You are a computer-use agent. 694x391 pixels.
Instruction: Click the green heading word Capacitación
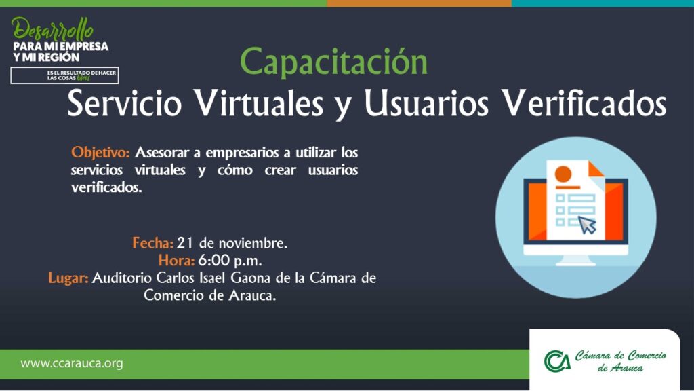[x=333, y=62]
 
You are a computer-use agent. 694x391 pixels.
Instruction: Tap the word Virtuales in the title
[x=259, y=103]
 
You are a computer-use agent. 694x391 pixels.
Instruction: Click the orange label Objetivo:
[x=100, y=153]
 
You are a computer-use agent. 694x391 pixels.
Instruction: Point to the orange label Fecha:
[x=152, y=243]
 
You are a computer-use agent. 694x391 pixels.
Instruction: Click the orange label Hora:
[x=176, y=260]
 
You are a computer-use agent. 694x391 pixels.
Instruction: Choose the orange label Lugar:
[x=68, y=278]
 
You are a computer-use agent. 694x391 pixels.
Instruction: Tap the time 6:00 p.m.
[x=230, y=261]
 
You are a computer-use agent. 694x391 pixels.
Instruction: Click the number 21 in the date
[x=185, y=243]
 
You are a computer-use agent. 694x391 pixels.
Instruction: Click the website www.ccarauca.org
[x=72, y=364]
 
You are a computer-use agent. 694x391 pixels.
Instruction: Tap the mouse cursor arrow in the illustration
[x=588, y=225]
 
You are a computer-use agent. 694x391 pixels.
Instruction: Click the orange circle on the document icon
[x=563, y=174]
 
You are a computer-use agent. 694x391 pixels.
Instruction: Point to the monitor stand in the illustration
[x=575, y=261]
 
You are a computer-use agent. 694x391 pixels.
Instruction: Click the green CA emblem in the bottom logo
[x=557, y=361]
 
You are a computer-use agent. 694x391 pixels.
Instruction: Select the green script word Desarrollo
[x=53, y=30]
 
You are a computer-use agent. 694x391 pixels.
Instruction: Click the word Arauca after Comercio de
[x=252, y=295]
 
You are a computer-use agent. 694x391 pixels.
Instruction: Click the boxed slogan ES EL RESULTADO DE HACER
[x=82, y=73]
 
